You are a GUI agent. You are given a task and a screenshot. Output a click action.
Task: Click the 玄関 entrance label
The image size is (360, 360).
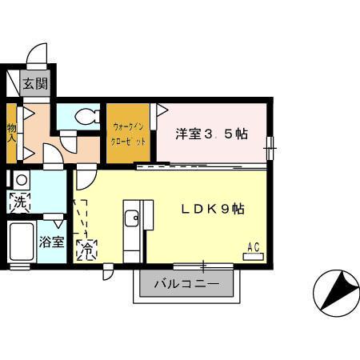34,83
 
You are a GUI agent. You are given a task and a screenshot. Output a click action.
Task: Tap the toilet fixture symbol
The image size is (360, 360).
85,117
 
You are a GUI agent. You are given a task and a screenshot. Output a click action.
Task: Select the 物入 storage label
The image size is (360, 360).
13,131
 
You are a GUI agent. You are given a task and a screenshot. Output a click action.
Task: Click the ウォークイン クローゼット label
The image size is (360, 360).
129,132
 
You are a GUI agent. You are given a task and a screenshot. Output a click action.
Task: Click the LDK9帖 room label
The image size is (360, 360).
211,208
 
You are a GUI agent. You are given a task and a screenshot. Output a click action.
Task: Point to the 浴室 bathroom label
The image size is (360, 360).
52,242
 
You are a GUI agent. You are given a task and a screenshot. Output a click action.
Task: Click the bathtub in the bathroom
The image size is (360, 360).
18,241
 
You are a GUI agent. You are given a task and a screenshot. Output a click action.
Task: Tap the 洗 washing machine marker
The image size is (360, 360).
18,202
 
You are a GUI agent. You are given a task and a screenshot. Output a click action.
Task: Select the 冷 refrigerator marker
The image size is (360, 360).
86,250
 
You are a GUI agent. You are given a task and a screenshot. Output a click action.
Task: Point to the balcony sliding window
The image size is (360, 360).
204,265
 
